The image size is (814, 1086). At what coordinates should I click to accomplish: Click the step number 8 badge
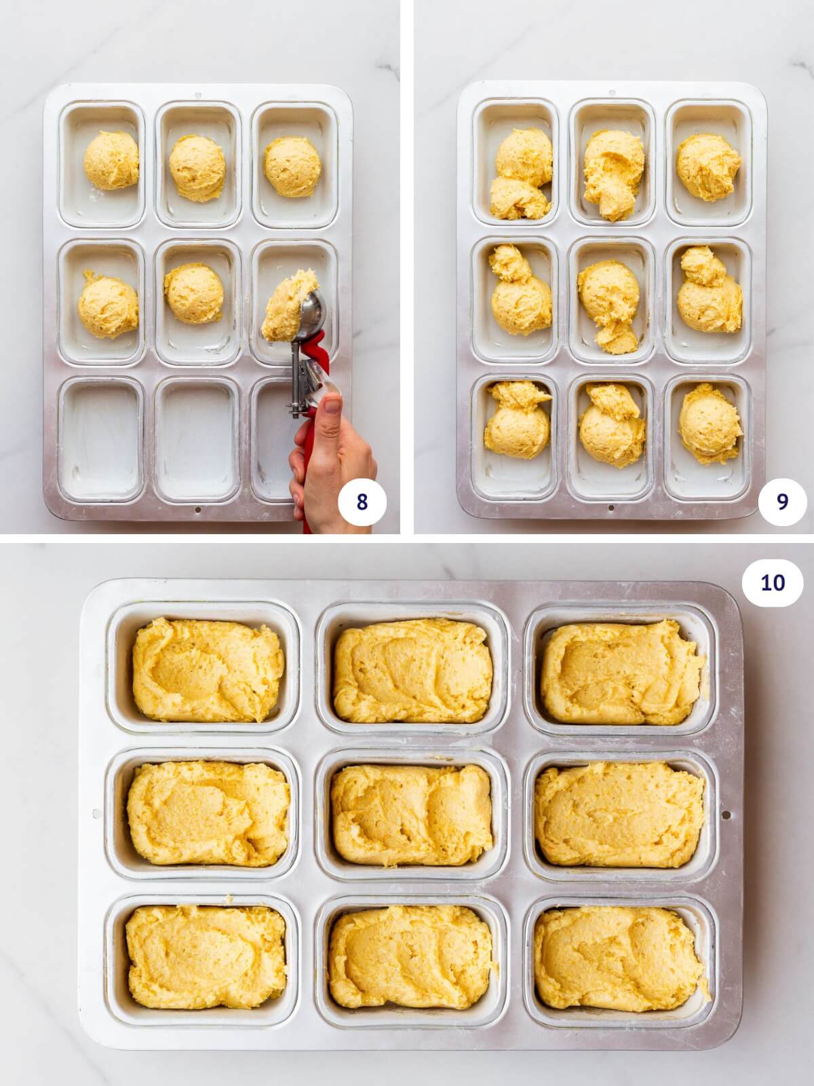click(362, 502)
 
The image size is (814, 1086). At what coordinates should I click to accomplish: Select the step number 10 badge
click(773, 582)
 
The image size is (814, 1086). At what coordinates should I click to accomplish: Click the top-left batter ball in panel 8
click(111, 161)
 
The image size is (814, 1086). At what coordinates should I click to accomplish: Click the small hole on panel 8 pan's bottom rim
click(197, 509)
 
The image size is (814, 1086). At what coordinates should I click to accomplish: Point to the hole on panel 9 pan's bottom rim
click(611, 507)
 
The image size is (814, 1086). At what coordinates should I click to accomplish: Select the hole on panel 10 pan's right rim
click(726, 814)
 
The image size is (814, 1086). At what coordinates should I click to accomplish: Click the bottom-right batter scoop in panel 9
click(710, 424)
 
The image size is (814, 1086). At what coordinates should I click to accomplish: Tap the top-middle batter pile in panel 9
click(613, 173)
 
